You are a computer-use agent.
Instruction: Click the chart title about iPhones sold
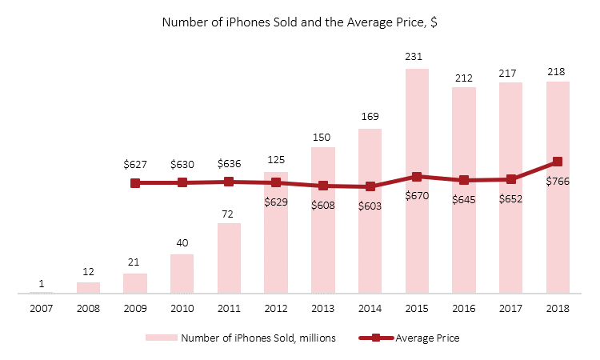(299, 22)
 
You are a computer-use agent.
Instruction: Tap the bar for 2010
(182, 274)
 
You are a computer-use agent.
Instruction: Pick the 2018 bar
(558, 187)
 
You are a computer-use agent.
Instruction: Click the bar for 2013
(322, 220)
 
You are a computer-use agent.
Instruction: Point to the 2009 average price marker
(135, 183)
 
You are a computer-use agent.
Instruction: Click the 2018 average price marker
(558, 162)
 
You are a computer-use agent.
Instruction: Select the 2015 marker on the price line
(417, 177)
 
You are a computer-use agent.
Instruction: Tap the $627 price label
(135, 164)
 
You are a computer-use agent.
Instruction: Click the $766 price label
(558, 181)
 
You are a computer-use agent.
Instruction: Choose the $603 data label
(370, 205)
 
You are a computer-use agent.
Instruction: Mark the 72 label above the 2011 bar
(229, 212)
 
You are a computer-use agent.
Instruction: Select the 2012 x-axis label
(276, 308)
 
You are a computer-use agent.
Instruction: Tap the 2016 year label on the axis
(464, 308)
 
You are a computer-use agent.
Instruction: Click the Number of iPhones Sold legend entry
(241, 338)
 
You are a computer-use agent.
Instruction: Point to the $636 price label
(229, 164)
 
